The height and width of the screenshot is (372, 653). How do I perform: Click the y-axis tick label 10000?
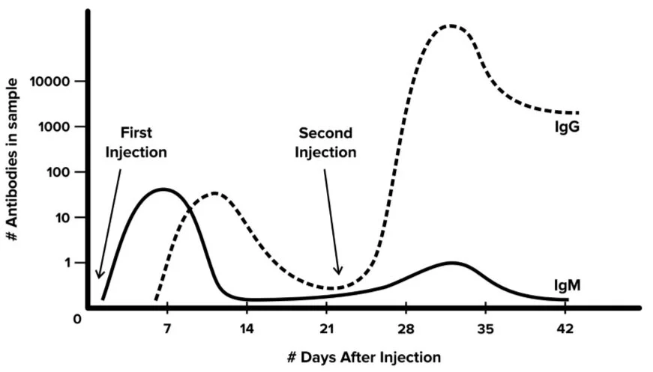pos(50,81)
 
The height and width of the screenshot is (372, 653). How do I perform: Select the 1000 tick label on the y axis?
pos(54,126)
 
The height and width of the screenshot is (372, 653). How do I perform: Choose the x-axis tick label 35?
pos(486,328)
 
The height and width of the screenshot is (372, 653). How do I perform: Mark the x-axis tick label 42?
pos(565,328)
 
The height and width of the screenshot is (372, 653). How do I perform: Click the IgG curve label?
pos(567,127)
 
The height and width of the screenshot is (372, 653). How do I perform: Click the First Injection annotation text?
pos(136,142)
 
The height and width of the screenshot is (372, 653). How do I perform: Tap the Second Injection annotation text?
pos(325,142)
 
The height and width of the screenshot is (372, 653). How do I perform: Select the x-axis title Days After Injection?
pos(364,356)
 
